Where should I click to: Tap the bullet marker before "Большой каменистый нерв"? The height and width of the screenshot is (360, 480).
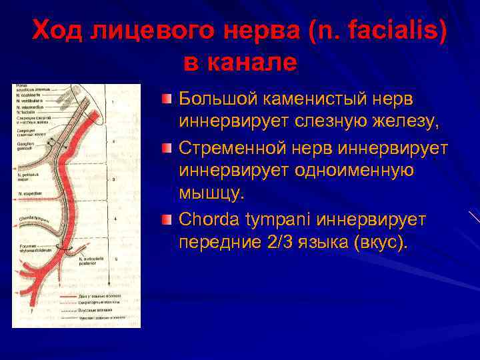pos(167,99)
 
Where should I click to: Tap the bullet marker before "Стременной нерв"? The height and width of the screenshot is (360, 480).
pos(167,147)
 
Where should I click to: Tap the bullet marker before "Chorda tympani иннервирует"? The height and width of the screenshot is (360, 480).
pos(167,219)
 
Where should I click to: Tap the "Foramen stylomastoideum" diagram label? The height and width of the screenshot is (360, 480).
pos(33,251)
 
